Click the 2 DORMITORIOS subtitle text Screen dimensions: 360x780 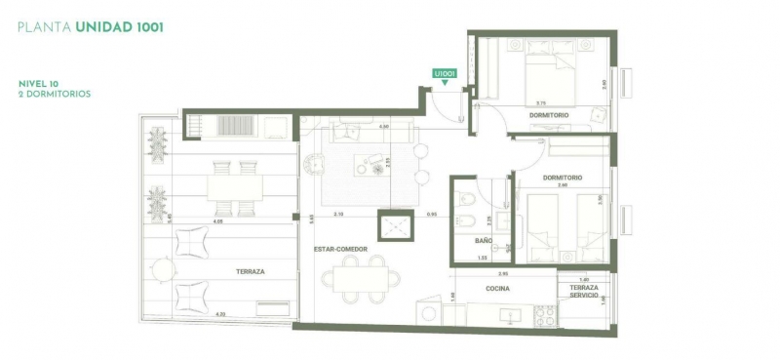[x=55, y=95]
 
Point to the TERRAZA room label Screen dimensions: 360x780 [x=251, y=271]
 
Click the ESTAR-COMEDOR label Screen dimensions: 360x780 [x=340, y=249]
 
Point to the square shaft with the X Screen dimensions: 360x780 [x=396, y=226]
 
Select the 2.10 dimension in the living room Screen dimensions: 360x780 [x=338, y=214]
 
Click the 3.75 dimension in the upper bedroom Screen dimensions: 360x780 [x=541, y=102]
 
